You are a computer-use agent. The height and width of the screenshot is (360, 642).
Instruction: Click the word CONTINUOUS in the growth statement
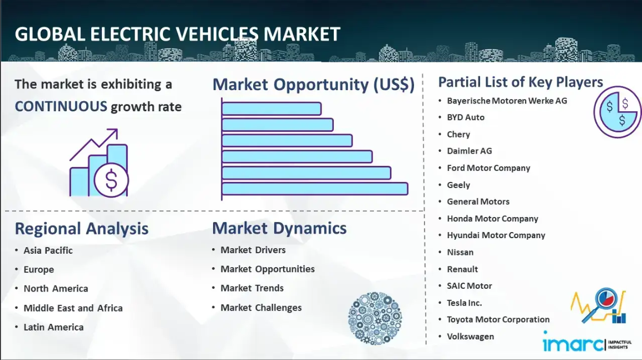(x=61, y=106)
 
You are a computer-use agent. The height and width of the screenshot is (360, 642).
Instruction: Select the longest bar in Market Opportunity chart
(x=315, y=189)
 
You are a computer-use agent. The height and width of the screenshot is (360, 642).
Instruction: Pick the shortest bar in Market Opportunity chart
(x=271, y=109)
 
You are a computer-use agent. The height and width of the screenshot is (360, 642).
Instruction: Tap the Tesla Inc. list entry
(x=465, y=303)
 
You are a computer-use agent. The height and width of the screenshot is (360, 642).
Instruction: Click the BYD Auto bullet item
(x=466, y=117)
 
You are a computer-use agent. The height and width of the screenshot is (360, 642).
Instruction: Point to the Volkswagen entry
(x=471, y=337)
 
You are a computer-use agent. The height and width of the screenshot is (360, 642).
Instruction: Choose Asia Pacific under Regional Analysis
(x=48, y=250)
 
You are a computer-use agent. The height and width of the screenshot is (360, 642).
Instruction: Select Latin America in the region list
(x=53, y=327)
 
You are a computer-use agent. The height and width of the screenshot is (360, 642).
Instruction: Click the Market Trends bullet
(x=252, y=288)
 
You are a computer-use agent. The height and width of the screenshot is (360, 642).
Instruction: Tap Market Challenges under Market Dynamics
(x=261, y=308)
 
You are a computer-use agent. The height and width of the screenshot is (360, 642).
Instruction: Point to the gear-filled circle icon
(x=375, y=318)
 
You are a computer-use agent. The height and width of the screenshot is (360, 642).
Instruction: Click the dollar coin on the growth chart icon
(x=111, y=180)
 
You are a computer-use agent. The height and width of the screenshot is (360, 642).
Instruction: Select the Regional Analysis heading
(x=81, y=229)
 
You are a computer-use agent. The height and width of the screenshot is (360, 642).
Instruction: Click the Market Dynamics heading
(x=279, y=228)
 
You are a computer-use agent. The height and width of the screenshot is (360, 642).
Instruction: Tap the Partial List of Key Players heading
(x=520, y=82)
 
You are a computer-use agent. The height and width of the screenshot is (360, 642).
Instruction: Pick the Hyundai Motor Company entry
(x=496, y=235)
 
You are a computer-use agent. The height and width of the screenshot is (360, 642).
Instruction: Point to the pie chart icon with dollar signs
(x=618, y=111)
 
